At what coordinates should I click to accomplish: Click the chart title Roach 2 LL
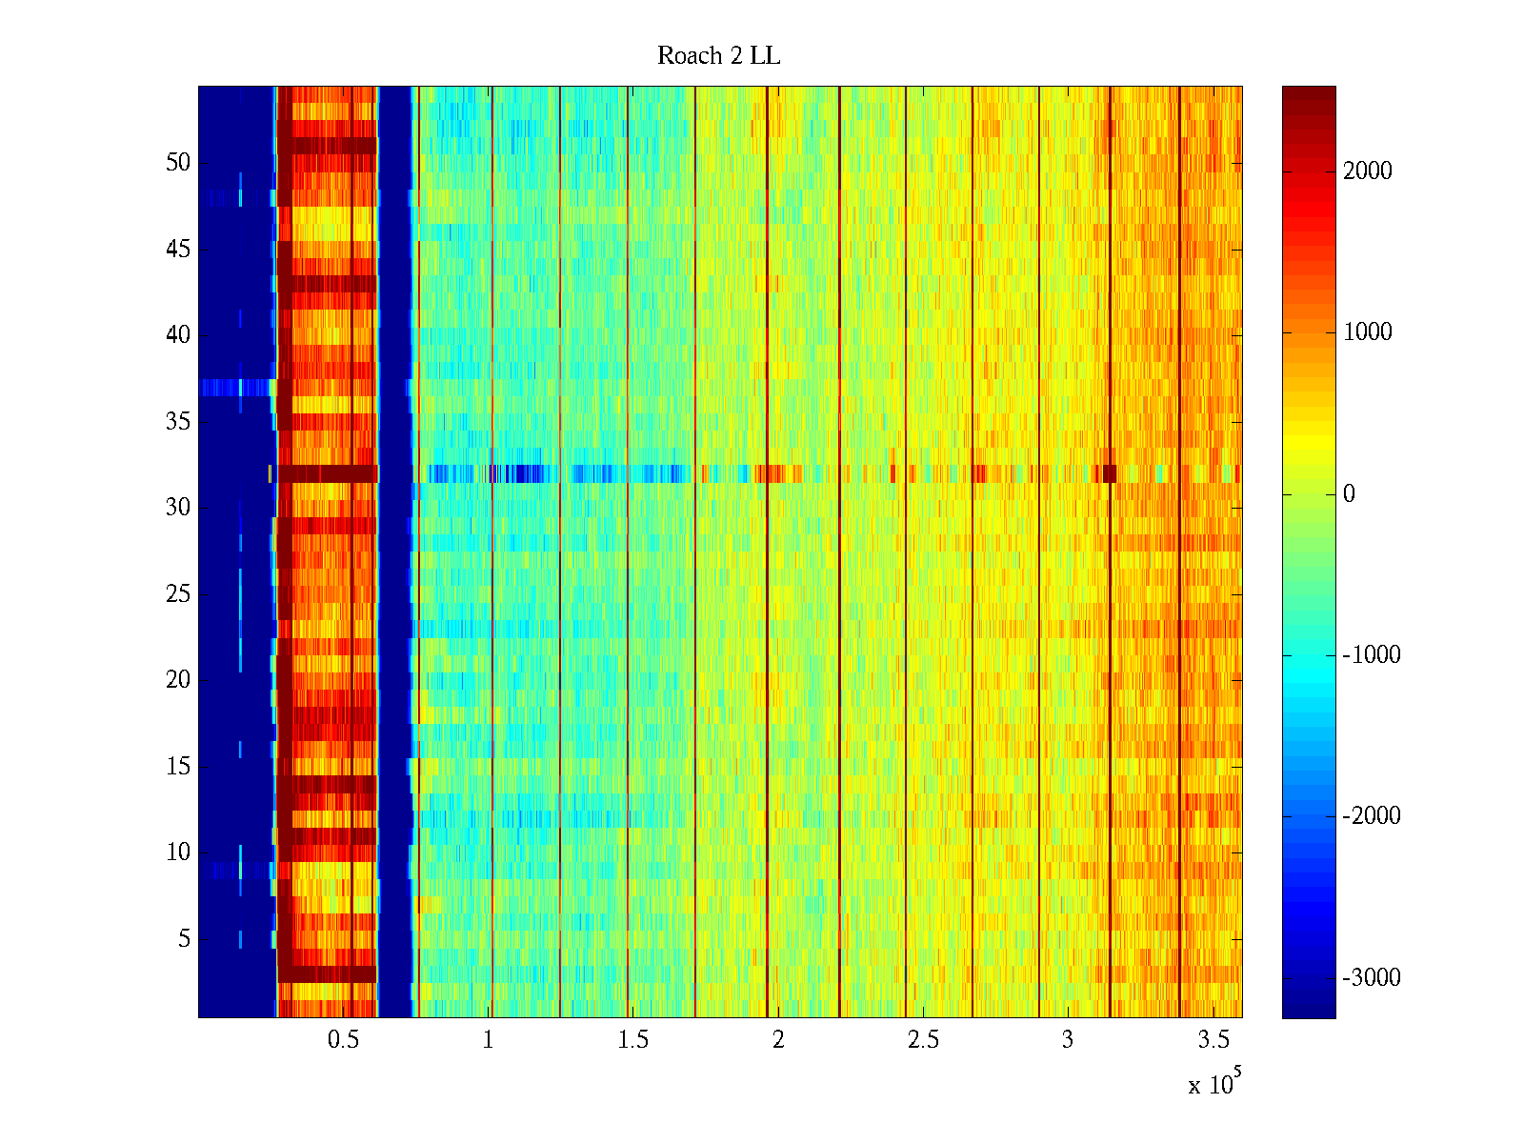[x=718, y=56]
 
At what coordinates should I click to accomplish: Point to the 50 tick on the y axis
[x=178, y=163]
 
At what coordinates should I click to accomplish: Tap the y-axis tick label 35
[x=178, y=422]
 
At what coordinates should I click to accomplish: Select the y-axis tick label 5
[x=184, y=939]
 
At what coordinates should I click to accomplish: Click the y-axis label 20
[x=178, y=680]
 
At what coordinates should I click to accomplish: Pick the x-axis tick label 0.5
[x=343, y=1040]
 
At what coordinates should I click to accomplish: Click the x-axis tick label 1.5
[x=632, y=1040]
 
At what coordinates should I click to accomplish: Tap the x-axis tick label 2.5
[x=922, y=1040]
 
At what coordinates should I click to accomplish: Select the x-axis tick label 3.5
[x=1212, y=1040]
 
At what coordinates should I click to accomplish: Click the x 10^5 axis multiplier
[x=1213, y=1083]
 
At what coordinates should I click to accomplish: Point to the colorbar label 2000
[x=1367, y=171]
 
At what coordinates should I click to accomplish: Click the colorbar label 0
[x=1349, y=494]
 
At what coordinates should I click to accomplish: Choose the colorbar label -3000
[x=1371, y=978]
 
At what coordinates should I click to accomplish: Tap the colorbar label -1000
[x=1371, y=655]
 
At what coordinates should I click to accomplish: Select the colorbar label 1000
[x=1367, y=332]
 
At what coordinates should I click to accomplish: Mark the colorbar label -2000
[x=1371, y=816]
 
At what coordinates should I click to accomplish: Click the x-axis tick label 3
[x=1067, y=1040]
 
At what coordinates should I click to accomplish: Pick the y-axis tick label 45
[x=178, y=250]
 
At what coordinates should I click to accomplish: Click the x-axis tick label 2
[x=778, y=1040]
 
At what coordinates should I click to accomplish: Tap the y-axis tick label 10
[x=178, y=852]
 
